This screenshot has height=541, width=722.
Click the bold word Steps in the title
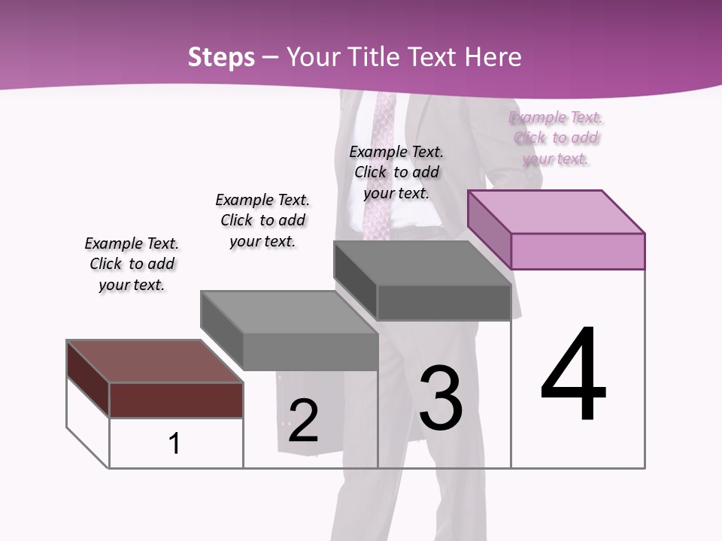[221, 57]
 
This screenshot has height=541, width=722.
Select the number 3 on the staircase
[441, 397]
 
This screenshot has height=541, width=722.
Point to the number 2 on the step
[303, 421]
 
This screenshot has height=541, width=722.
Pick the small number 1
[174, 443]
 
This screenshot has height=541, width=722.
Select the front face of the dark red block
[176, 400]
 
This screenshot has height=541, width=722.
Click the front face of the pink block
[578, 251]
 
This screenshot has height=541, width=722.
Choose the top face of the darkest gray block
[421, 263]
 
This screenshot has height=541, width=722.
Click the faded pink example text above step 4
[556, 138]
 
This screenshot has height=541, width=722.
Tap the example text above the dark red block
[132, 264]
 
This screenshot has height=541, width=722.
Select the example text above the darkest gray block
[396, 172]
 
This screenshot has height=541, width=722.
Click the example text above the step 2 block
[262, 220]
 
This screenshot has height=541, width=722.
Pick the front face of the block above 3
[444, 303]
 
